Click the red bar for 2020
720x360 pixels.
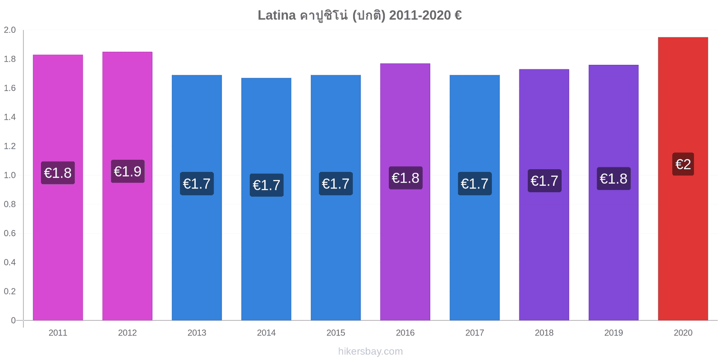tap(683, 179)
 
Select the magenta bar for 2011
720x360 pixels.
tap(58, 187)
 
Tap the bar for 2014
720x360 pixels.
tap(266, 199)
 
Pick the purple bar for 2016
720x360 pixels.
tap(405, 192)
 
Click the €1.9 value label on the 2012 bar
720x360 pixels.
tap(128, 171)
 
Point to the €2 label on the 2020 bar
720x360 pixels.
tap(683, 164)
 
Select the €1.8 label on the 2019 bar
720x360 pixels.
tap(614, 179)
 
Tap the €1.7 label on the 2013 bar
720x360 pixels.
tap(197, 184)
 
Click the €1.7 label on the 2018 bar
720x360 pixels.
tap(544, 180)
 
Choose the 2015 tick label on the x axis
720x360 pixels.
tap(336, 333)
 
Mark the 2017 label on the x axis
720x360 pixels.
tap(474, 333)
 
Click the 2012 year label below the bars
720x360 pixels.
tap(127, 333)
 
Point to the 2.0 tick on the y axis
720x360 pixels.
tap(9, 30)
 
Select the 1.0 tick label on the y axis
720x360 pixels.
tap(9, 175)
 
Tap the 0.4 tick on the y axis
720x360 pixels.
tap(9, 262)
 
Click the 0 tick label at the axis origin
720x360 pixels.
tap(13, 320)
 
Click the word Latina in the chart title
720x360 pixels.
tap(277, 15)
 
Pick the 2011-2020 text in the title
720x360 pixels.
tap(420, 15)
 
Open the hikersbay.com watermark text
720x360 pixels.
tap(370, 351)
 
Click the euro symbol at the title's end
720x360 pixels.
tap(458, 15)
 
